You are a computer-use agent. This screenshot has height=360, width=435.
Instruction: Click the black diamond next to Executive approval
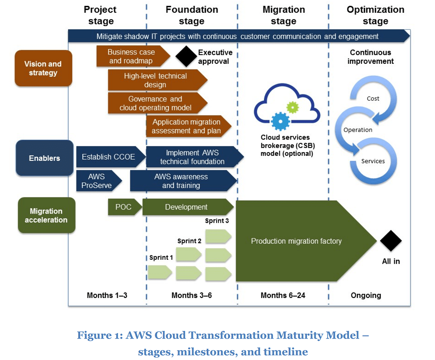186,56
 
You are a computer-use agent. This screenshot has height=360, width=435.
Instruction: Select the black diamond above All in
391,241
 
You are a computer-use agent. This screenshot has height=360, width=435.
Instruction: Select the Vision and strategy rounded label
43,68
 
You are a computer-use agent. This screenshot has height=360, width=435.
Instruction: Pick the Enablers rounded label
45,158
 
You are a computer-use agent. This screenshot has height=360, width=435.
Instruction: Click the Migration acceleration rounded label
46,215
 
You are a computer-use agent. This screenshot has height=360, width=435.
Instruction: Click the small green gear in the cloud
292,107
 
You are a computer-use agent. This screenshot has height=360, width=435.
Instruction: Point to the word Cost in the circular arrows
373,98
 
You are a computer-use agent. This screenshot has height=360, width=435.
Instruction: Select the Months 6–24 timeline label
283,295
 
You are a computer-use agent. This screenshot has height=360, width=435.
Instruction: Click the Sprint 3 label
217,220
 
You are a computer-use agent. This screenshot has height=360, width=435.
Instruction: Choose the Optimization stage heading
375,15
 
